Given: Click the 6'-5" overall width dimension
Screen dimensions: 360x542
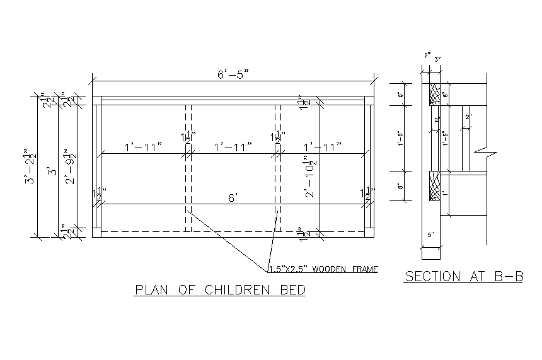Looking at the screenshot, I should click(x=233, y=74).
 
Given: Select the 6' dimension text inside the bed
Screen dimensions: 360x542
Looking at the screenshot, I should click(x=232, y=198).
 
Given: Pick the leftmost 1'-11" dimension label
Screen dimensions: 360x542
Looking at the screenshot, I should click(x=143, y=147).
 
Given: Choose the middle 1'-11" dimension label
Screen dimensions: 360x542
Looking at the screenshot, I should click(x=233, y=147).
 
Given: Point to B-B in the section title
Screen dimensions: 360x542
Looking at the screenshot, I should click(x=509, y=276).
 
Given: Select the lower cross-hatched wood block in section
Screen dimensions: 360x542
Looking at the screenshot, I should click(x=434, y=187).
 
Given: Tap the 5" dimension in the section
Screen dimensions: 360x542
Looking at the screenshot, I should click(x=432, y=235).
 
